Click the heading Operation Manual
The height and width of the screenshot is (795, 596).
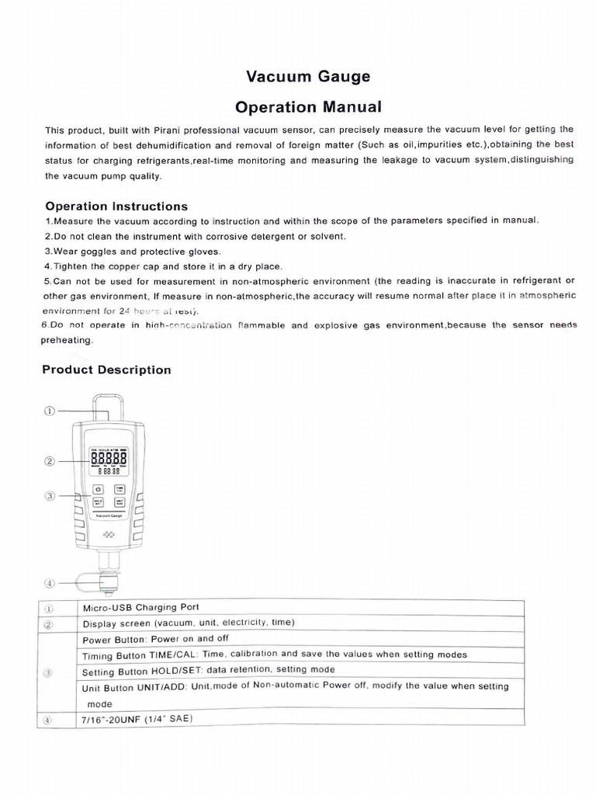308,106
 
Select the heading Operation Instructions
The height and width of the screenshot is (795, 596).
116,206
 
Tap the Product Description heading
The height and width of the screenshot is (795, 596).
106,370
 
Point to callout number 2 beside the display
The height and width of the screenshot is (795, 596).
50,460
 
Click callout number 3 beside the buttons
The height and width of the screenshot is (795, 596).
50,495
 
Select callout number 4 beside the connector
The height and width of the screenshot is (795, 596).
50,581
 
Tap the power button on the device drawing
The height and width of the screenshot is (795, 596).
99,489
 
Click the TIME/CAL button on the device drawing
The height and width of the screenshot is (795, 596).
119,489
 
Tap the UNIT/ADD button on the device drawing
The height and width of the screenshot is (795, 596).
119,503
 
